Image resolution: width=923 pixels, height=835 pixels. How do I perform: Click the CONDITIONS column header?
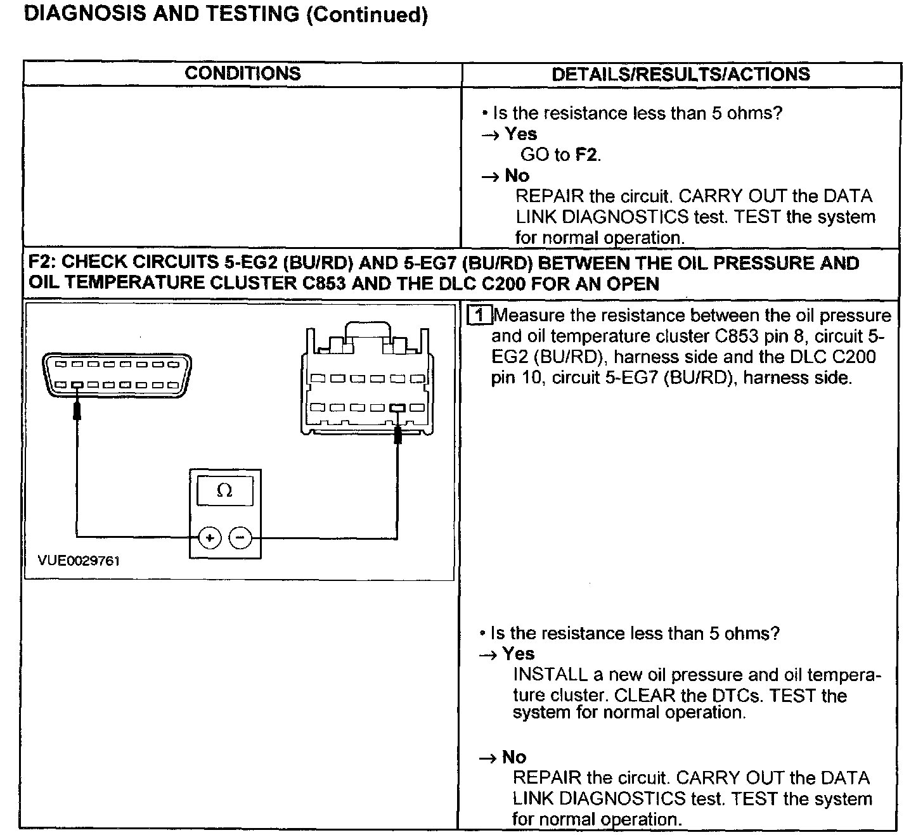[x=243, y=73]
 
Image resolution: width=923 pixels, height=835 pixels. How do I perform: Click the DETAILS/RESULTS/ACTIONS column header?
[x=681, y=74]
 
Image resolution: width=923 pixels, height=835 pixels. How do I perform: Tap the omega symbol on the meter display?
[x=224, y=491]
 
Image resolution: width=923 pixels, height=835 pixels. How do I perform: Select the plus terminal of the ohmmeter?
[x=209, y=538]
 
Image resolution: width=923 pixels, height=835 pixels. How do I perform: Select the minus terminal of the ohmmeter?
[x=240, y=538]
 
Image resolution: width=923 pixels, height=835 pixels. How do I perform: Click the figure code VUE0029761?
[x=79, y=561]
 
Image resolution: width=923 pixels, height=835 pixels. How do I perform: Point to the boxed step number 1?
[x=479, y=315]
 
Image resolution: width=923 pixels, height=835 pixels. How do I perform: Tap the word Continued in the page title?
[x=366, y=15]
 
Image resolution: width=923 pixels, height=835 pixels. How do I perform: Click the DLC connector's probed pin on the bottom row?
[x=77, y=385]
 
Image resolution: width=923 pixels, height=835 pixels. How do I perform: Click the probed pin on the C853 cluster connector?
[x=398, y=408]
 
